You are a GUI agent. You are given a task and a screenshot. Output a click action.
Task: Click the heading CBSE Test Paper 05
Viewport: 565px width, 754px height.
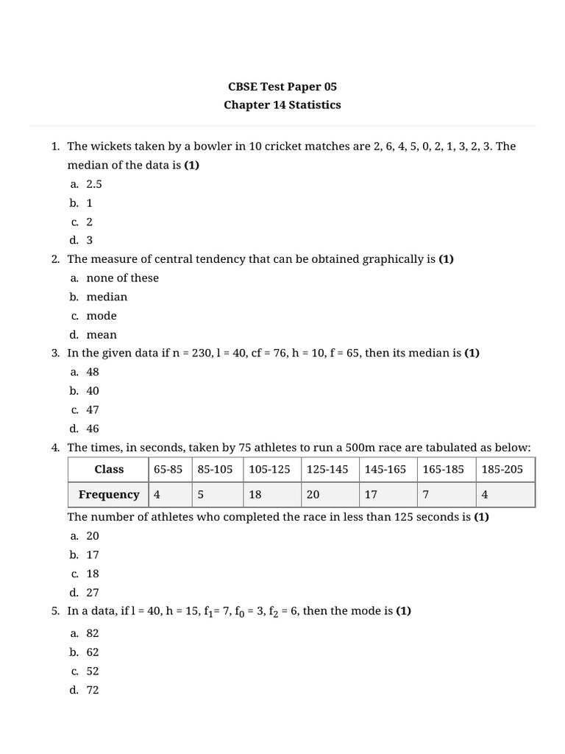tap(282, 86)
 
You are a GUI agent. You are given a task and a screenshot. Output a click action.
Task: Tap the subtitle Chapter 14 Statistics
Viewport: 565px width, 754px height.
tap(282, 105)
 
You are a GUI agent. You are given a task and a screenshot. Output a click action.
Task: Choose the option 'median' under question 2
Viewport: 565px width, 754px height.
tap(107, 297)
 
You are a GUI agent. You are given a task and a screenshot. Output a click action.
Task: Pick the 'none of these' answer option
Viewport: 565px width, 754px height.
tap(122, 278)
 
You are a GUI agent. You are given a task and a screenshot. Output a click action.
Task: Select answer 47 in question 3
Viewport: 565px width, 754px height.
tap(93, 409)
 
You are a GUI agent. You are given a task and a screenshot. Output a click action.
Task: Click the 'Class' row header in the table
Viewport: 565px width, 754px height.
tap(109, 469)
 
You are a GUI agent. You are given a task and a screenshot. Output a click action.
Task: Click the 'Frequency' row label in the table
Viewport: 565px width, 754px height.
tap(109, 494)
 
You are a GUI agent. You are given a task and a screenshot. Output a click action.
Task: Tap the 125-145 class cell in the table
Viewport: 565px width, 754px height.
tap(327, 469)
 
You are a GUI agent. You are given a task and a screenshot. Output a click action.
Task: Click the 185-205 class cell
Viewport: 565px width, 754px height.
tap(502, 469)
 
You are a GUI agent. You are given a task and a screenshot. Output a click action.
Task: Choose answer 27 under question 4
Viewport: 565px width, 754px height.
tap(93, 592)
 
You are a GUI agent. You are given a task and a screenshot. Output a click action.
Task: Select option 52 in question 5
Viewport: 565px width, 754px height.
tap(93, 671)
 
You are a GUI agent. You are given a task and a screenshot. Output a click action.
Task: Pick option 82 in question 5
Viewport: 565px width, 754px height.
tap(93, 633)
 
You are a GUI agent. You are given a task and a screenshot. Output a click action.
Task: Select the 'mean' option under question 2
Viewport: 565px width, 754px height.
tap(102, 334)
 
